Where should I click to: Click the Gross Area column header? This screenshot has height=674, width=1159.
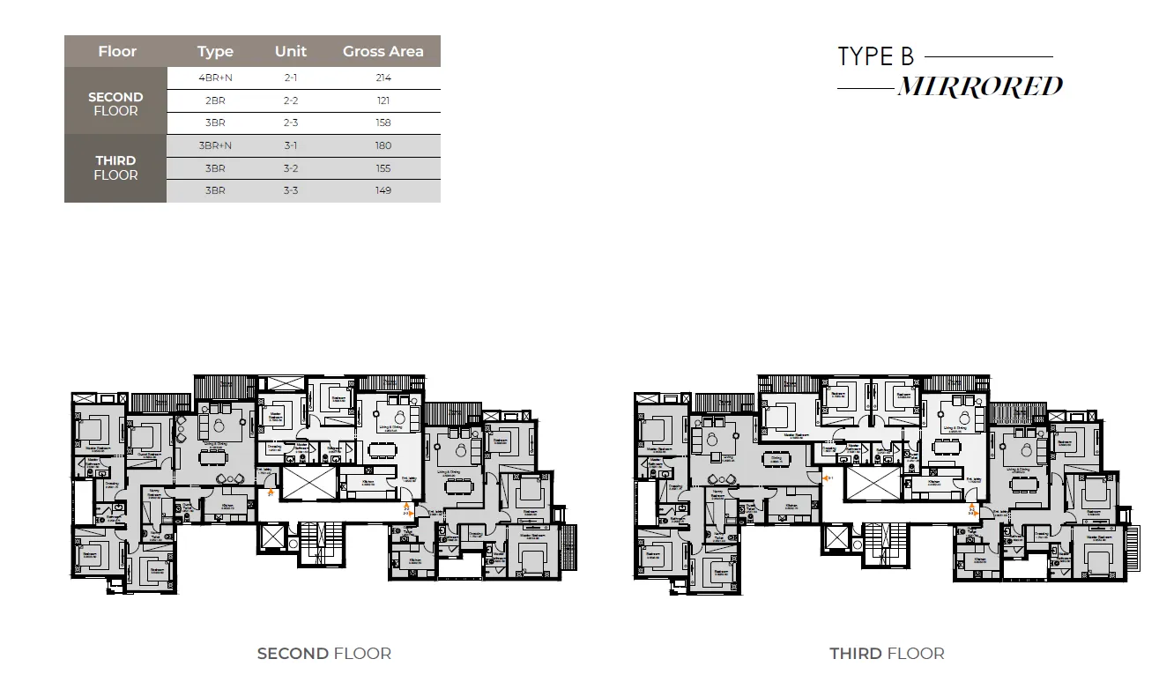tap(383, 51)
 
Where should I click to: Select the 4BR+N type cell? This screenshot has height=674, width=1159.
tap(215, 78)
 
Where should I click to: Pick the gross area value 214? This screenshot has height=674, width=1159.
tap(383, 78)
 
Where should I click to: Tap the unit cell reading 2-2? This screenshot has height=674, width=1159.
tap(291, 100)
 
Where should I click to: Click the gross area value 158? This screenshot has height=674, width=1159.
tap(383, 123)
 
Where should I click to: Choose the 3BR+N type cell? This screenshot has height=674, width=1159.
tap(215, 145)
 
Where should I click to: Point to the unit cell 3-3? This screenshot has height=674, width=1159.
tap(291, 190)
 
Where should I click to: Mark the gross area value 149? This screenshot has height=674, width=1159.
tap(383, 190)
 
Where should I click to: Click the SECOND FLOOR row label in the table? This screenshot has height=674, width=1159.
tap(115, 104)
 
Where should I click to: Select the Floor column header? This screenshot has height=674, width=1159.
tap(117, 51)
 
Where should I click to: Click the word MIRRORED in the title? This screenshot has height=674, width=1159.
tap(979, 87)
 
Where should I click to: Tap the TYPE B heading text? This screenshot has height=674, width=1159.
tap(875, 57)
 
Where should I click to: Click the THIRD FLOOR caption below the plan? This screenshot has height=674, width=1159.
tap(887, 654)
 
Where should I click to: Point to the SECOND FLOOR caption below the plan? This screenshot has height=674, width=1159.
tap(324, 654)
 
